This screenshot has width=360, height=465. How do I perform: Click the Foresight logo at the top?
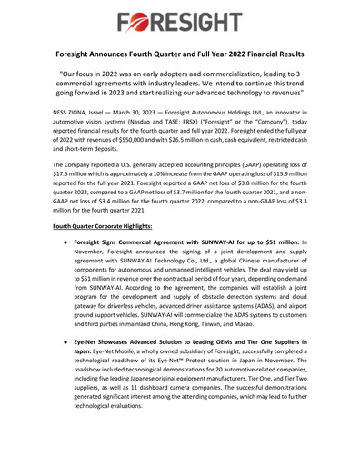click(180, 20)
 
